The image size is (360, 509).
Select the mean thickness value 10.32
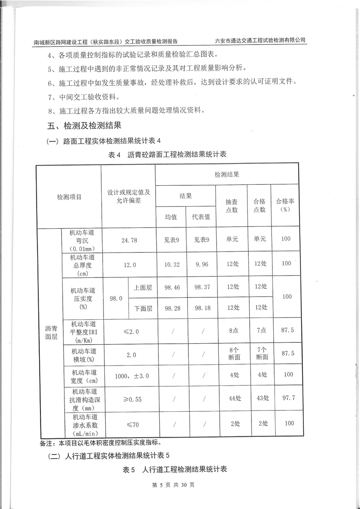(171, 263)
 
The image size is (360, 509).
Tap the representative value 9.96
(202, 263)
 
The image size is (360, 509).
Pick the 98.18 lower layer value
(202, 308)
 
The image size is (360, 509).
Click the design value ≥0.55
(128, 399)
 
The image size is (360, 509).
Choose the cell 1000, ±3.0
(128, 376)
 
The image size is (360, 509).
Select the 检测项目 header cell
(69, 197)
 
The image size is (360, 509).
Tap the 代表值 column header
(202, 217)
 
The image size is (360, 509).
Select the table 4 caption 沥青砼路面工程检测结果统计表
(168, 154)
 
